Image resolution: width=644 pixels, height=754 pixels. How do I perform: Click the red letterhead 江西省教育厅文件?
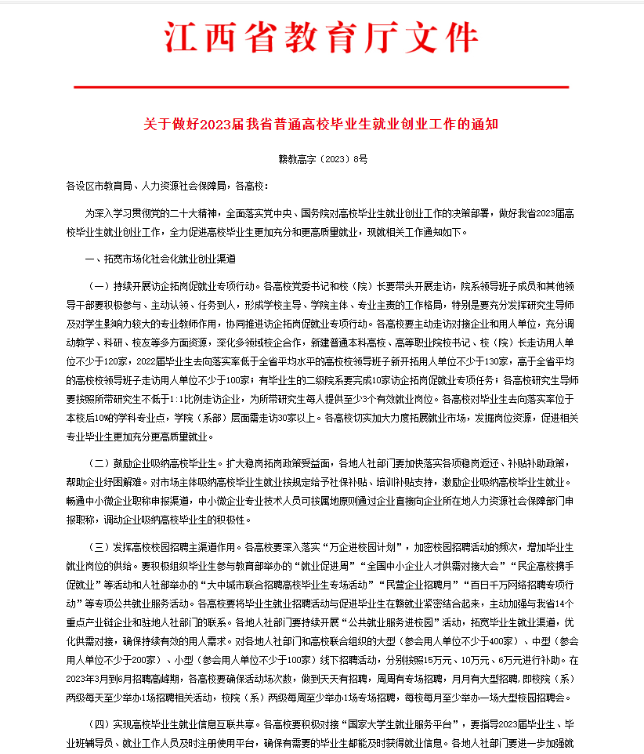point(321,37)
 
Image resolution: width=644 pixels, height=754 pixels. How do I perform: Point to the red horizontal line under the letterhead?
point(321,86)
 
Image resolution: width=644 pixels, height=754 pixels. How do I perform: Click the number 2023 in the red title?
point(215,125)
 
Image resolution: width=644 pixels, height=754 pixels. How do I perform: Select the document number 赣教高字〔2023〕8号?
point(322,159)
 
